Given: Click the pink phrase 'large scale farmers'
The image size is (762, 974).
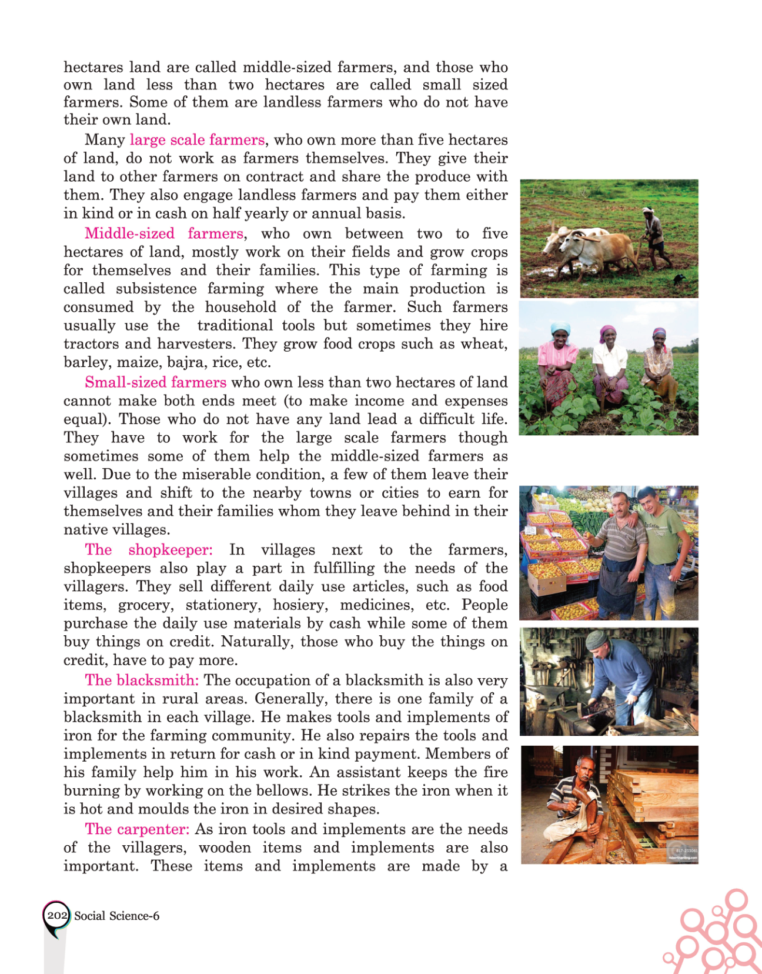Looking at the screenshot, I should [x=197, y=140].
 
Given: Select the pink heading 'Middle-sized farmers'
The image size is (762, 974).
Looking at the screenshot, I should [x=163, y=234].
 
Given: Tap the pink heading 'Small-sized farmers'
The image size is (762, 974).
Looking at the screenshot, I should [x=155, y=382].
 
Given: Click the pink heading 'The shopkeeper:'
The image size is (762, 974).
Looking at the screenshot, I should [x=148, y=550].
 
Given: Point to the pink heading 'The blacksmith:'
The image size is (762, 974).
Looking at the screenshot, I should [x=142, y=681].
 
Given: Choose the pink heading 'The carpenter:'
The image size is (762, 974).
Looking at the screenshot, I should [x=137, y=829].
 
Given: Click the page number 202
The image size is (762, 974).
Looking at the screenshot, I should [x=57, y=915].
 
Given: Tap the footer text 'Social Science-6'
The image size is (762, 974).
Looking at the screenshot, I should [x=117, y=916].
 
